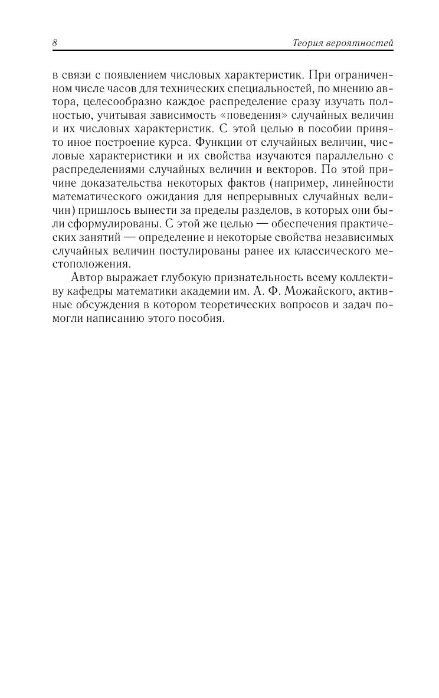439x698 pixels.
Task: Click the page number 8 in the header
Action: point(54,43)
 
